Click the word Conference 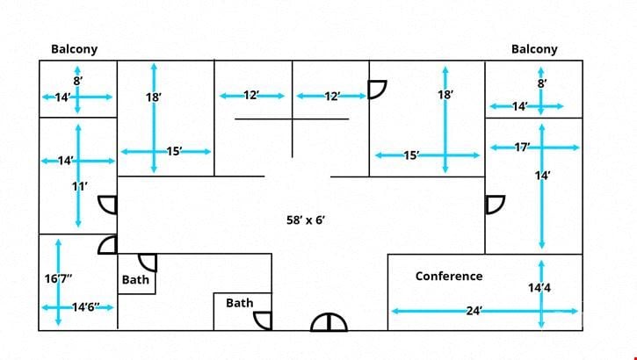pyautogui.click(x=449, y=277)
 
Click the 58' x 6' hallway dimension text pyautogui.click(x=306, y=220)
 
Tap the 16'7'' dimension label pyautogui.click(x=59, y=279)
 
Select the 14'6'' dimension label pyautogui.click(x=86, y=307)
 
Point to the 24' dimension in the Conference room pyautogui.click(x=474, y=312)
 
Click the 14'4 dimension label pyautogui.click(x=539, y=288)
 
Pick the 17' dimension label pyautogui.click(x=522, y=147)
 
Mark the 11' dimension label pyautogui.click(x=80, y=187)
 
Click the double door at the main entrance pyautogui.click(x=329, y=322)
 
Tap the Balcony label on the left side pyautogui.click(x=75, y=49)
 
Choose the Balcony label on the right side pyautogui.click(x=534, y=49)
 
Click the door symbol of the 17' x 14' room pyautogui.click(x=496, y=205)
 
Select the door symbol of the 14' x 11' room pyautogui.click(x=108, y=205)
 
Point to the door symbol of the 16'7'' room pyautogui.click(x=108, y=245)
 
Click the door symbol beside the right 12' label pyautogui.click(x=377, y=90)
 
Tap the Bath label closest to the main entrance pyautogui.click(x=240, y=303)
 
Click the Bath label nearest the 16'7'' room pyautogui.click(x=135, y=279)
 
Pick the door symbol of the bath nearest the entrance pyautogui.click(x=263, y=321)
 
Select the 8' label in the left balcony pyautogui.click(x=77, y=81)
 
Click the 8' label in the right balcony pyautogui.click(x=542, y=83)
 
